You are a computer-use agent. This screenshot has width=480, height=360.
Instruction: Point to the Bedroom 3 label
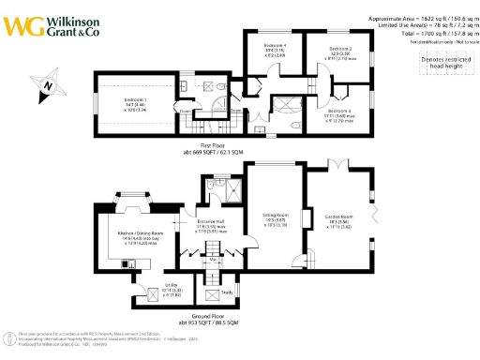click(x=339, y=111)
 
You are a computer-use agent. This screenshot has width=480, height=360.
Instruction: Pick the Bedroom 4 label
click(x=274, y=46)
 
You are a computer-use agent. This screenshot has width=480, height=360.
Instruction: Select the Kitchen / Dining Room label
click(x=141, y=232)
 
